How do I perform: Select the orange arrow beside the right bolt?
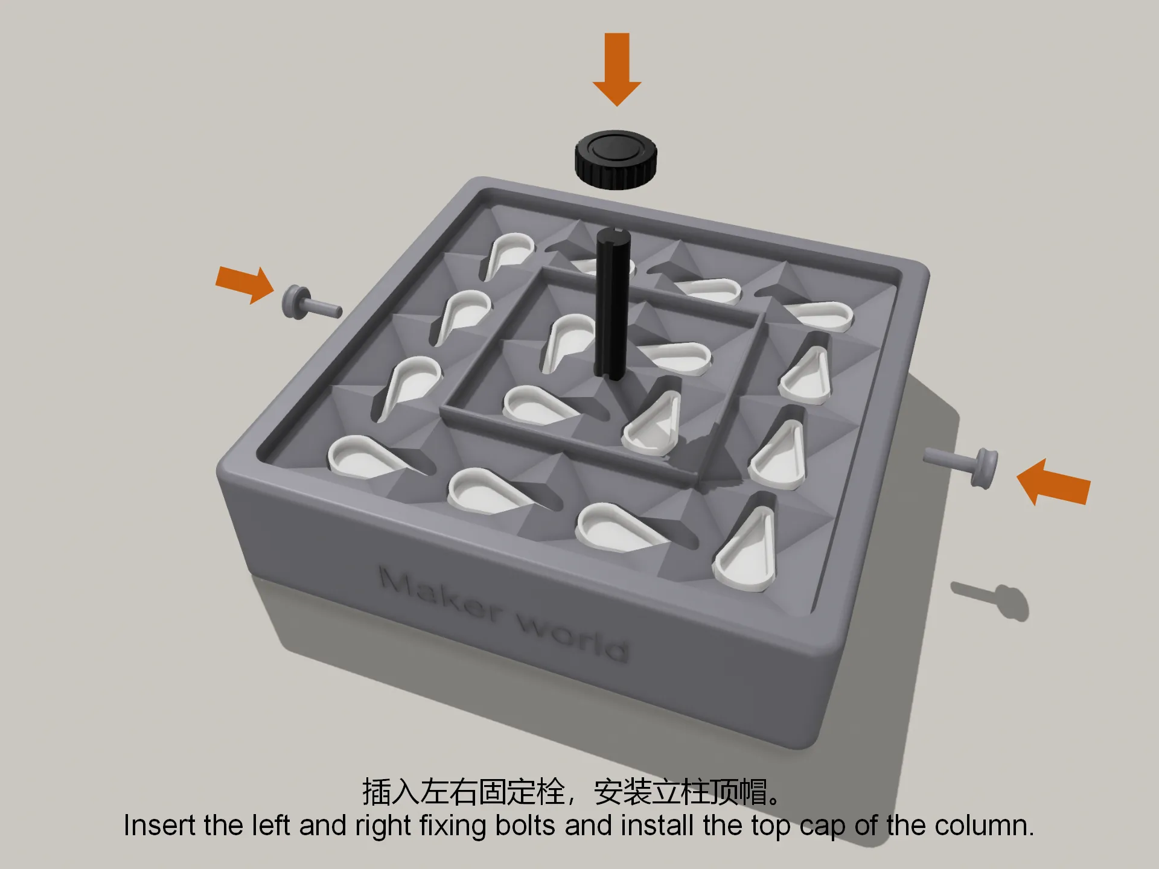coord(1053,482)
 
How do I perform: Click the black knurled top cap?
coord(615,159)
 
